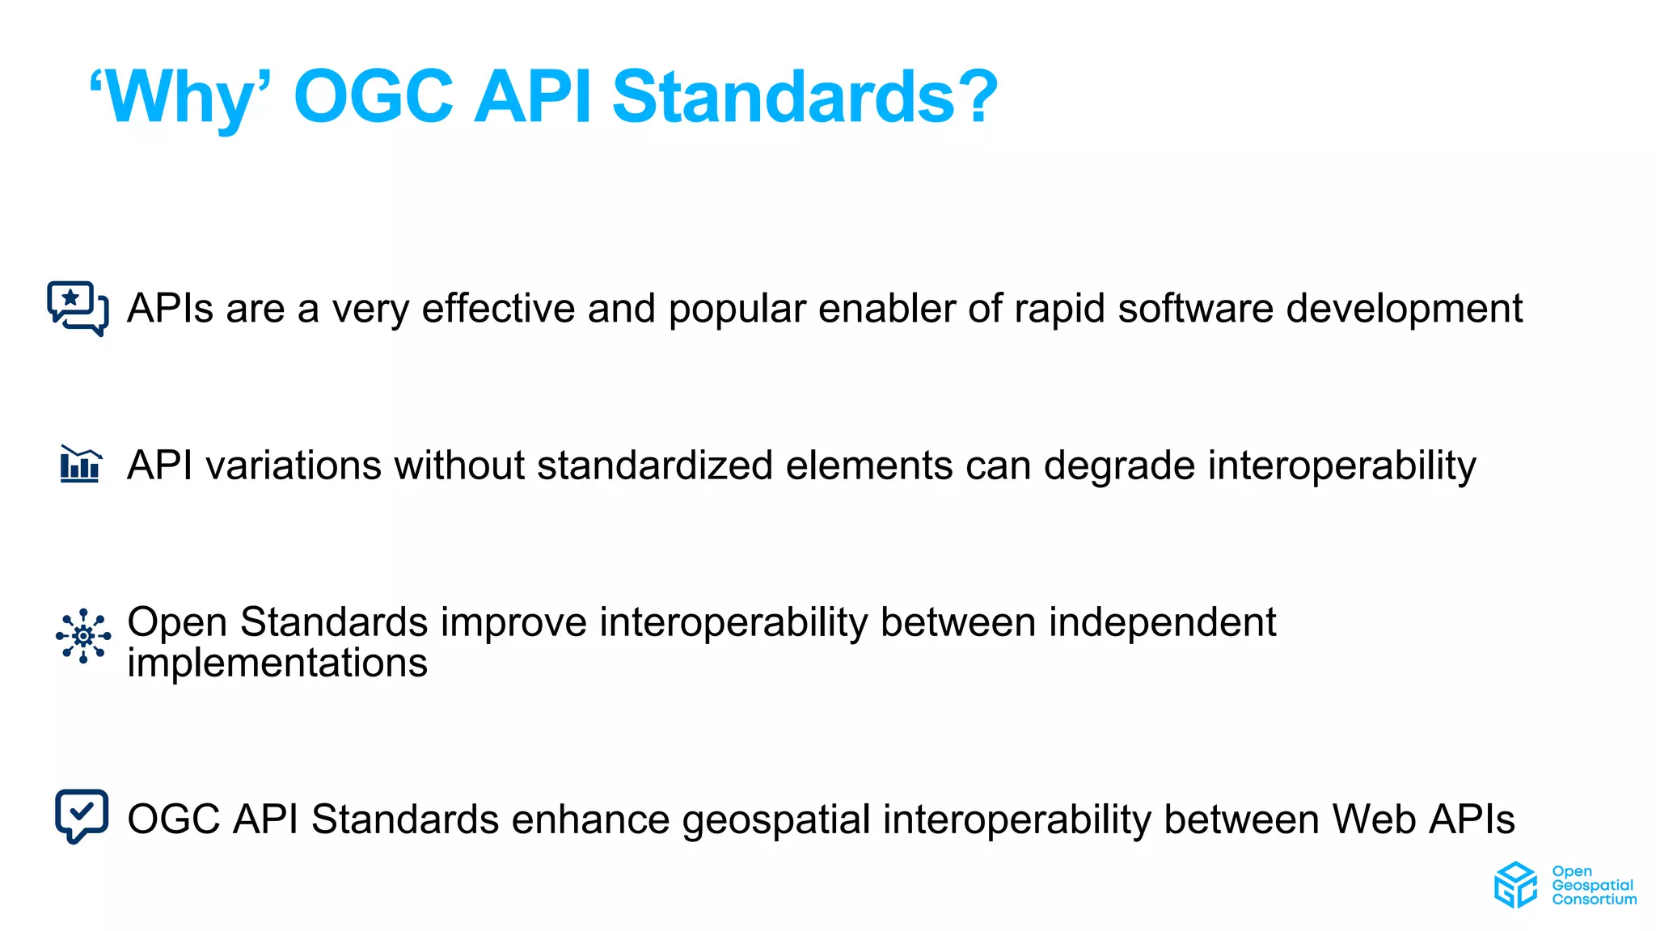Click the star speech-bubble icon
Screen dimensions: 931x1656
[77, 307]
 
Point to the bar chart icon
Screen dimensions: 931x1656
[80, 465]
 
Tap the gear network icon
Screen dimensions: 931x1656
[83, 636]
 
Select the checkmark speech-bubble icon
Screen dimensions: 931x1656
[82, 815]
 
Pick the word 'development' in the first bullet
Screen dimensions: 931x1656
[1404, 309]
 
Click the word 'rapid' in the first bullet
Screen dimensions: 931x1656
[1058, 309]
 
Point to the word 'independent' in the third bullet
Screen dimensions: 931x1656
[1162, 622]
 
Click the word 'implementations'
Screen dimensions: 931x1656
[277, 663]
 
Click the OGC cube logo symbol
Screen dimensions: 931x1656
[1515, 884]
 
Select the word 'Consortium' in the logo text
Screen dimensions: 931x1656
[1594, 899]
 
